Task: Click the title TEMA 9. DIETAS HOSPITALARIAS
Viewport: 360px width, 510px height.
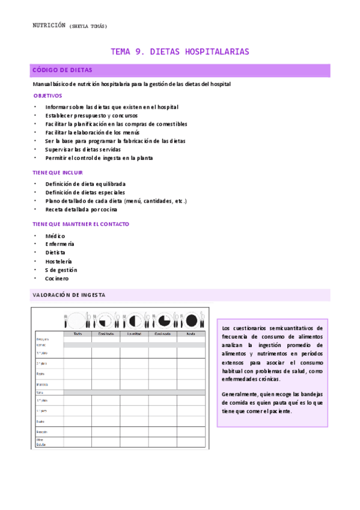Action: click(x=180, y=52)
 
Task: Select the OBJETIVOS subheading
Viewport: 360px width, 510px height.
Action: click(x=47, y=96)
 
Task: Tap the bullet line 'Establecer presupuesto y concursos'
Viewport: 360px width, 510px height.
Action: click(x=91, y=115)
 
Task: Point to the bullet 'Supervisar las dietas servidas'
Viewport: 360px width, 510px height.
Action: click(x=83, y=149)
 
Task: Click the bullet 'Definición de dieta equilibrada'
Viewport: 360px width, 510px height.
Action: click(x=85, y=184)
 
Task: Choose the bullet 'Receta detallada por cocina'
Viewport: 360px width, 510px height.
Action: click(x=81, y=209)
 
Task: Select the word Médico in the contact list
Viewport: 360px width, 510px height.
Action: click(x=55, y=236)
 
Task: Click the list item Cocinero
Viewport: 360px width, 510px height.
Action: click(x=57, y=278)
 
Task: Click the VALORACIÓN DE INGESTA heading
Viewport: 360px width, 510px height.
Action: click(x=69, y=295)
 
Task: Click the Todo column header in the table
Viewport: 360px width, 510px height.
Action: click(x=78, y=334)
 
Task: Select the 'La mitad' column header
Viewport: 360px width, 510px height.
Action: click(x=134, y=334)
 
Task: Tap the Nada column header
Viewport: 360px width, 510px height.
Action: click(x=191, y=334)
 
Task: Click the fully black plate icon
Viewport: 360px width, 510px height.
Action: click(x=192, y=319)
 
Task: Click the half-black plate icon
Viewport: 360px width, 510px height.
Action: click(x=134, y=319)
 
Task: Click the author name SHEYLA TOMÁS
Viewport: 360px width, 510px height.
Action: click(x=88, y=26)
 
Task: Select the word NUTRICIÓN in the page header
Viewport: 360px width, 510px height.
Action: click(x=49, y=25)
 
